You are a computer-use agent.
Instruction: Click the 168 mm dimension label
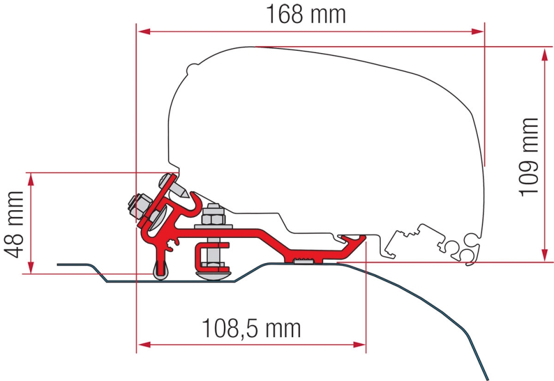(x=306, y=14)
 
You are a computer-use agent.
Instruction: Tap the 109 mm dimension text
(x=528, y=157)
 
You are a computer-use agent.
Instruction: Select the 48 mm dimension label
(x=14, y=225)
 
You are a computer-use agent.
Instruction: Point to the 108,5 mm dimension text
(x=251, y=328)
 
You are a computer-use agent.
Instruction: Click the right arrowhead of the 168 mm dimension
(x=477, y=32)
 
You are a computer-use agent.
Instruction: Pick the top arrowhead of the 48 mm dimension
(x=31, y=180)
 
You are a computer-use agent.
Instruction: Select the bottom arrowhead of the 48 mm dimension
(x=31, y=266)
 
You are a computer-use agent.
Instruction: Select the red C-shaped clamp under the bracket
(x=208, y=253)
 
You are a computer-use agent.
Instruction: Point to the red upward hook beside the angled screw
(x=194, y=201)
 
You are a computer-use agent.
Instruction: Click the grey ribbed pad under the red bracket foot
(x=303, y=261)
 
